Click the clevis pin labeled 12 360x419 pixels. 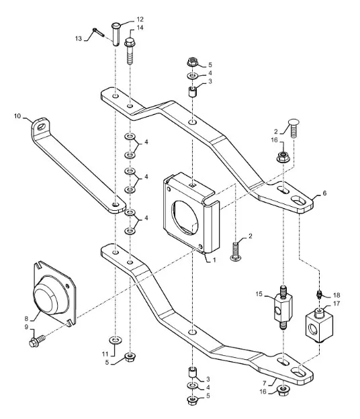pyautogui.click(x=116, y=34)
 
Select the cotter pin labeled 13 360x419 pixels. pyautogui.click(x=98, y=32)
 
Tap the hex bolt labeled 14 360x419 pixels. pyautogui.click(x=130, y=51)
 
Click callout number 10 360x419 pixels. pyautogui.click(x=17, y=116)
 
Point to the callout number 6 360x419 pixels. pyautogui.click(x=324, y=193)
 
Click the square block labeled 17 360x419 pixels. pyautogui.click(x=319, y=326)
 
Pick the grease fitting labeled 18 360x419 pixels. pyautogui.click(x=318, y=295)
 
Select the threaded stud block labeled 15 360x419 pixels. pyautogui.click(x=283, y=307)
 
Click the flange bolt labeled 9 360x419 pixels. pyautogui.click(x=37, y=341)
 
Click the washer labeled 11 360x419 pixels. pyautogui.click(x=116, y=340)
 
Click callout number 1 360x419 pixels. pyautogui.click(x=214, y=260)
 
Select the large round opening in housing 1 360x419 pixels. pyautogui.click(x=185, y=218)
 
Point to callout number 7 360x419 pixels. pyautogui.click(x=265, y=383)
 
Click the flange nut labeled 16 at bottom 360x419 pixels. pyautogui.click(x=283, y=391)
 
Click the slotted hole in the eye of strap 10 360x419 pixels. pyautogui.click(x=41, y=127)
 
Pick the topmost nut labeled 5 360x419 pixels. pyautogui.click(x=192, y=62)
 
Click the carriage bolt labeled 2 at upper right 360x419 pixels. pyautogui.click(x=294, y=128)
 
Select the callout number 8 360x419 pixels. pyautogui.click(x=26, y=318)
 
